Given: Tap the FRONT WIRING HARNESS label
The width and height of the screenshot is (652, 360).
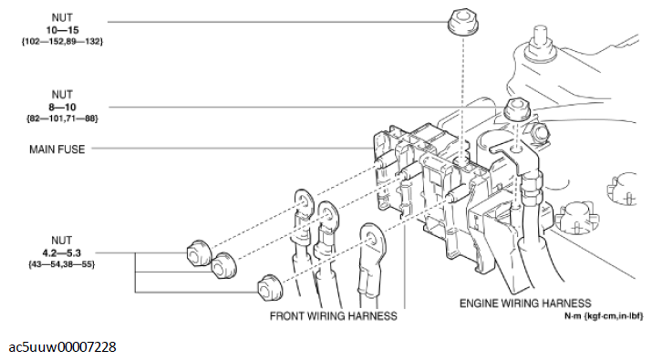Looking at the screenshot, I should (334, 316).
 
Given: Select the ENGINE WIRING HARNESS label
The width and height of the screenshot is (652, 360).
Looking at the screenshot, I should (525, 303).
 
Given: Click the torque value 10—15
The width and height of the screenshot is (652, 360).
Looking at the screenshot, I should (62, 30).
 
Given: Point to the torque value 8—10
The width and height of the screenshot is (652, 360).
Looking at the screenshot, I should (62, 106).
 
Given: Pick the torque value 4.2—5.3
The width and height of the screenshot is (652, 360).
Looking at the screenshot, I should (62, 252).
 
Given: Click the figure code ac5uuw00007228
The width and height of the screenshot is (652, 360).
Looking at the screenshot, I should (62, 347).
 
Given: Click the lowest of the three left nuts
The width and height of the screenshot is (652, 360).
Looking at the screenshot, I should (267, 287).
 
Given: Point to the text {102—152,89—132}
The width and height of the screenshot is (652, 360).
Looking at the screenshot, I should (62, 42).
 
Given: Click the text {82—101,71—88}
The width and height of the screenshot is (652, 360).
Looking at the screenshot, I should (62, 118).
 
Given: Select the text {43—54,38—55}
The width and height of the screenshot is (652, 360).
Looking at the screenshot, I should (62, 263).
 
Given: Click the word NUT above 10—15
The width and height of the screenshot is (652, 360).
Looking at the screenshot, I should (62, 18).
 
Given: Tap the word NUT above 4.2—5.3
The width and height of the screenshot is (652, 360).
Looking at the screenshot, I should (62, 240).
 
